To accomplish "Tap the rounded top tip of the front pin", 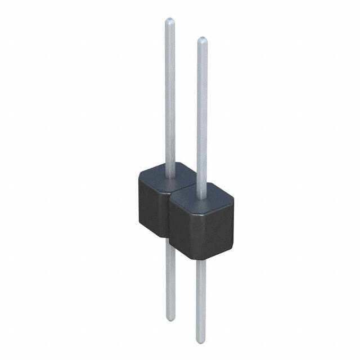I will click(x=202, y=40).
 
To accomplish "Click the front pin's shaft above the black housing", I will click(x=202, y=112).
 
